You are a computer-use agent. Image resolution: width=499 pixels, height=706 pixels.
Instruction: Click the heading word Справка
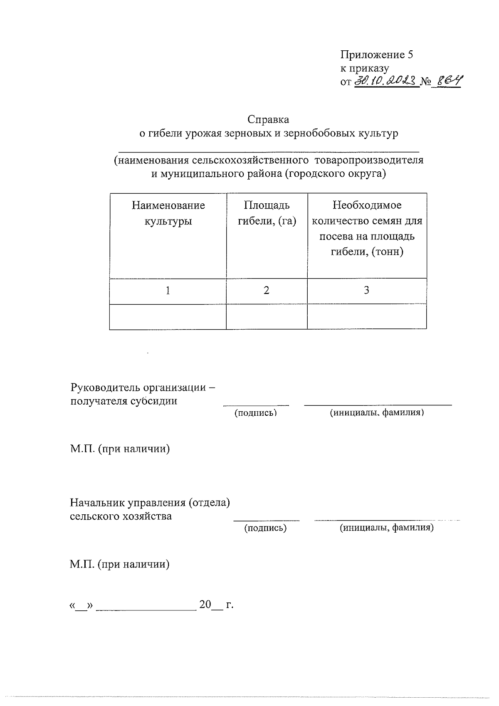268,119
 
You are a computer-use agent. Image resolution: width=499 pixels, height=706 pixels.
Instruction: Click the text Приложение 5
377,55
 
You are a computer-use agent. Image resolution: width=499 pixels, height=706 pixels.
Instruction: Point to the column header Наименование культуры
168,213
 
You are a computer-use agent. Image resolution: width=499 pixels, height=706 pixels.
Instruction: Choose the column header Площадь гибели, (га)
267,213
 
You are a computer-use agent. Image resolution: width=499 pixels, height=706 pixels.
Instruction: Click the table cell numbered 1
168,291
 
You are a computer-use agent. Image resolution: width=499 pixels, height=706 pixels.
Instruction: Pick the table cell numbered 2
267,291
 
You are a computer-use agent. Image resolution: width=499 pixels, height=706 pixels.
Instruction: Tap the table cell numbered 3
366,291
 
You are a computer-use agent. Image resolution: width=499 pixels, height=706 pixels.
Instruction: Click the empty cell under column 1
168,316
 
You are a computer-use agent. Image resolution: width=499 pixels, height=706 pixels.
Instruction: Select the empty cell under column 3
366,316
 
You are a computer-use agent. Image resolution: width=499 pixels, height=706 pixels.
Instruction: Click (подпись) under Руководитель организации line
256,412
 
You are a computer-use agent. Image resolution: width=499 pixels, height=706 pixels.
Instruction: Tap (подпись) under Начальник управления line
265,528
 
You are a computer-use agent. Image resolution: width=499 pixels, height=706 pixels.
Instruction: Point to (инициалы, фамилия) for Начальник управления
387,528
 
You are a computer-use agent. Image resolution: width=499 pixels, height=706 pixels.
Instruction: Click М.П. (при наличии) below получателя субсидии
120,449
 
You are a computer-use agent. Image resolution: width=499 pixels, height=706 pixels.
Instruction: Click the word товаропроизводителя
369,160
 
